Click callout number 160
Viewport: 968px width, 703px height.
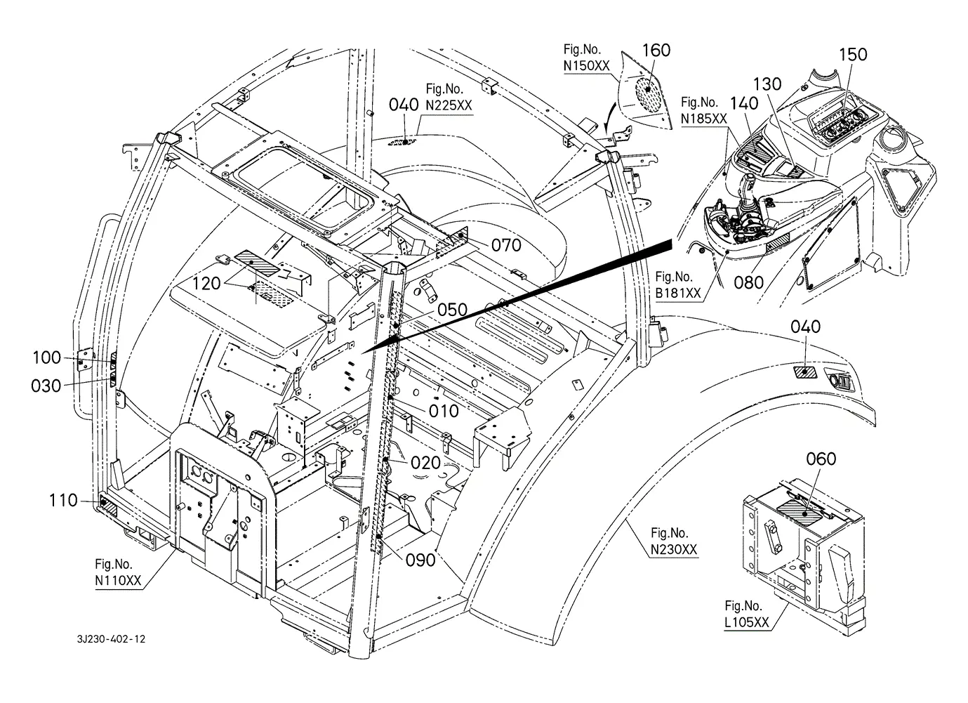(656, 50)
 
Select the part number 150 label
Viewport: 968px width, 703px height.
(853, 55)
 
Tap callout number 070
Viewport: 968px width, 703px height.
(507, 246)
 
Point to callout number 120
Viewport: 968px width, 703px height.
(206, 284)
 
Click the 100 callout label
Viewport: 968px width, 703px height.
(47, 357)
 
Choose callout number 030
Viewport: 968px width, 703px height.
(46, 386)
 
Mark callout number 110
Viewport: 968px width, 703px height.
(63, 500)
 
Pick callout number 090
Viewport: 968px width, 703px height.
(420, 560)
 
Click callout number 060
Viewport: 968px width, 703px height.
(821, 459)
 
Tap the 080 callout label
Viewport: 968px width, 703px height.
(748, 283)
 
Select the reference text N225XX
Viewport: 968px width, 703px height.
(449, 105)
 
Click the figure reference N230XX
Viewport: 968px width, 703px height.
(674, 549)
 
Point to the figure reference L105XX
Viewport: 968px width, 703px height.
(747, 622)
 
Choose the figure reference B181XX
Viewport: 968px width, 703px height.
(678, 293)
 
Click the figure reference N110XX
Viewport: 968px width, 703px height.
(118, 580)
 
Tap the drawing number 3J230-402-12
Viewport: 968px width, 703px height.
(111, 639)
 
